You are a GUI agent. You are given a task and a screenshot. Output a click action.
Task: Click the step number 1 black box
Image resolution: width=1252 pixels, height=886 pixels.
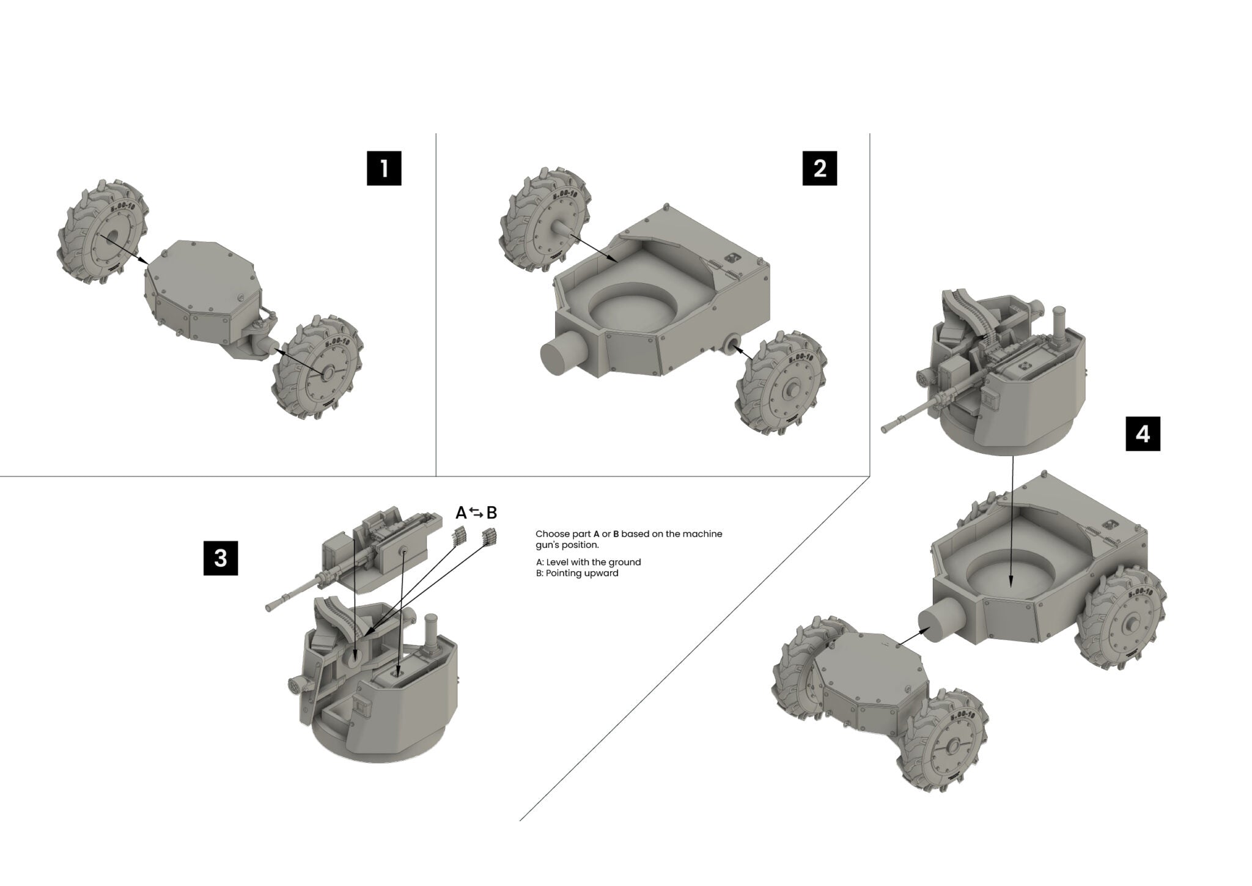click(384, 168)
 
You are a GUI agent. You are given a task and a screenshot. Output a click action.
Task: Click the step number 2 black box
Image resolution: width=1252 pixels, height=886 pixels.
click(820, 168)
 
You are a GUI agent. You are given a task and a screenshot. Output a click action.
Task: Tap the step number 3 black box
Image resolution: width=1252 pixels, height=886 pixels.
click(221, 558)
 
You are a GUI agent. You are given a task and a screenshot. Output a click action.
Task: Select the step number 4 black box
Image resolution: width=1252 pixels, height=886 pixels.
click(1143, 434)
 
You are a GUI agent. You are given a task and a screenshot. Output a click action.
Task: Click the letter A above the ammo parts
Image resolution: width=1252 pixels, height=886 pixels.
click(462, 512)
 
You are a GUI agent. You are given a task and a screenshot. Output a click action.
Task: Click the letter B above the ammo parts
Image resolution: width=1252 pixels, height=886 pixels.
click(492, 512)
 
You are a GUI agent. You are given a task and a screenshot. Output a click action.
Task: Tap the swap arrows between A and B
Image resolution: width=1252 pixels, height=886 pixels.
click(477, 512)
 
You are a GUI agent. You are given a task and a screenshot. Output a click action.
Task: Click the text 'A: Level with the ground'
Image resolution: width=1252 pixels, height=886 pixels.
click(588, 562)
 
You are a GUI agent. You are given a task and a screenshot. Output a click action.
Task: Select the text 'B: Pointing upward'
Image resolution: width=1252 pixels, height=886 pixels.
click(576, 574)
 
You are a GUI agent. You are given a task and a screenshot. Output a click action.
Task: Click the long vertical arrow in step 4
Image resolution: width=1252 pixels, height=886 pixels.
click(1012, 520)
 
